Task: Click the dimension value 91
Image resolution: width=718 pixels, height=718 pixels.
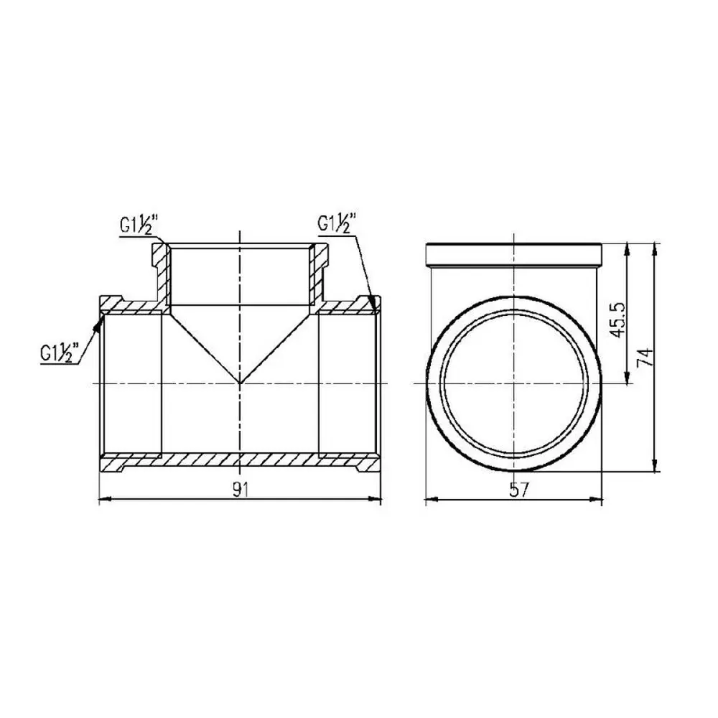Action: tap(241, 490)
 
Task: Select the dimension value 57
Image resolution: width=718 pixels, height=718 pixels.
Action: tap(519, 490)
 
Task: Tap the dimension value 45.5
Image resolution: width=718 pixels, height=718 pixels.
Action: tap(618, 320)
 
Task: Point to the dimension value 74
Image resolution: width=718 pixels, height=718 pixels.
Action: tap(645, 356)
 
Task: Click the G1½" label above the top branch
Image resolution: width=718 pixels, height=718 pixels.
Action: tap(139, 225)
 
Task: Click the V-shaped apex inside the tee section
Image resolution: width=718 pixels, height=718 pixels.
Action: tap(241, 383)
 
